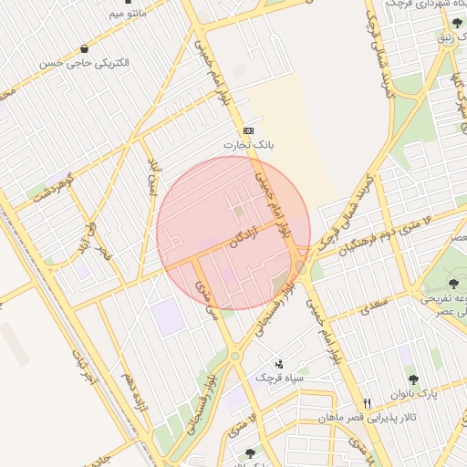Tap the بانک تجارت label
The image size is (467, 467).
point(250,145)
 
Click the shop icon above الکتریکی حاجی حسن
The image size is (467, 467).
point(85,49)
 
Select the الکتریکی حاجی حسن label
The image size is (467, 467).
point(84,64)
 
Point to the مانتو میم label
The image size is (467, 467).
point(127,14)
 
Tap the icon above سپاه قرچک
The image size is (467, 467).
point(278,364)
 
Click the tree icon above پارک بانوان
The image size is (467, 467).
point(413,379)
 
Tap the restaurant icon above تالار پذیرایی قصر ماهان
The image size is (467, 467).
point(367,403)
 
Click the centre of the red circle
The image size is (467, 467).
point(233,233)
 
